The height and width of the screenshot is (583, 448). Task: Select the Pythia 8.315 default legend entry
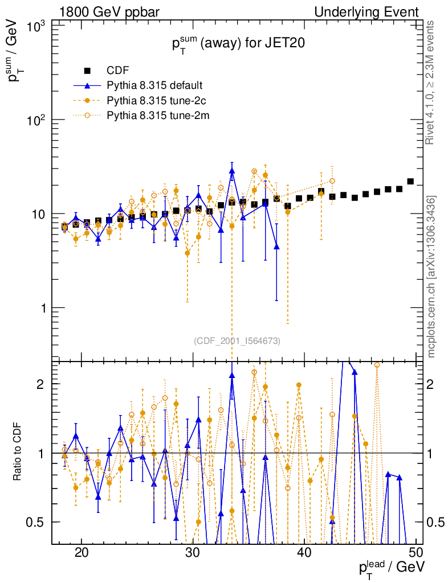click(x=154, y=86)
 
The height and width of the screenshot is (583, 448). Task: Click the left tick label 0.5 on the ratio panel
click(x=38, y=522)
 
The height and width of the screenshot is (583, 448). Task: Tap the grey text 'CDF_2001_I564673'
click(x=237, y=340)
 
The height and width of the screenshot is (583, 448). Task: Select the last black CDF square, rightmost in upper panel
click(x=410, y=182)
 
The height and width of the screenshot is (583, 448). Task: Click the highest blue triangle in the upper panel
click(x=232, y=170)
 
